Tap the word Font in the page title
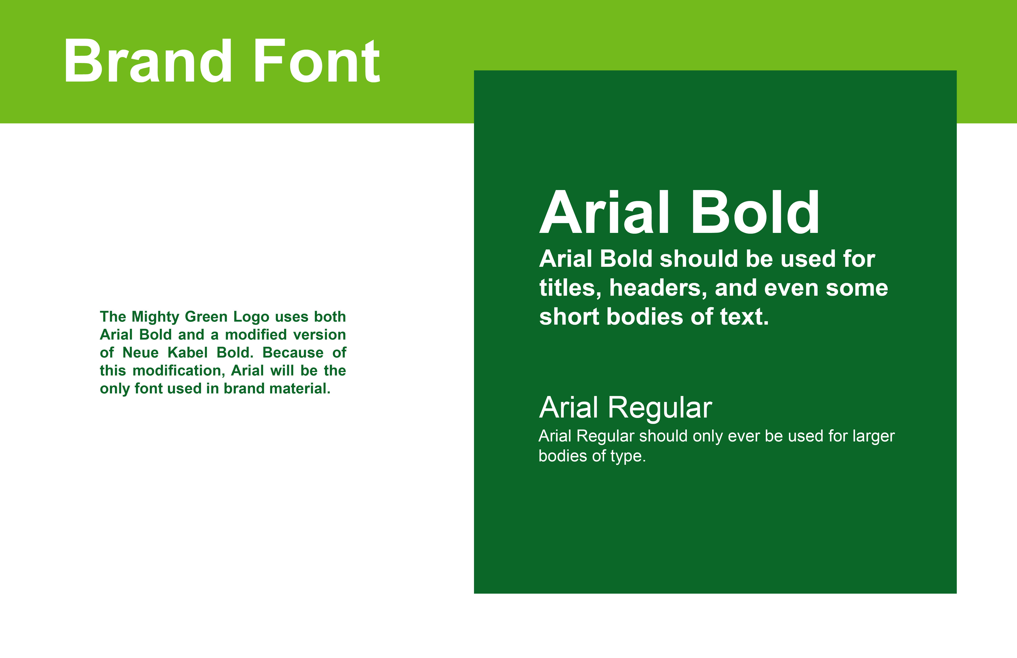click(317, 61)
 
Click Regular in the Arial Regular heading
click(660, 408)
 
